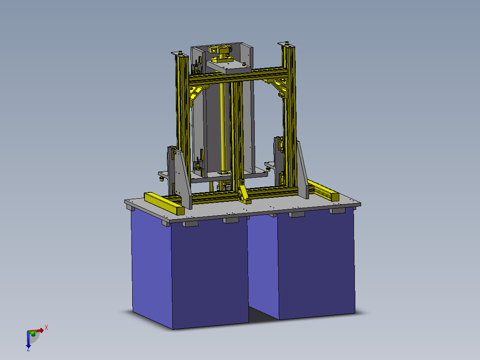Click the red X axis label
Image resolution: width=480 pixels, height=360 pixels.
coord(46,327)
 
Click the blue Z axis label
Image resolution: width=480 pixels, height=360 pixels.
coord(28,349)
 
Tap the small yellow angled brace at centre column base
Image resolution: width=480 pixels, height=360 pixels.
coord(243,192)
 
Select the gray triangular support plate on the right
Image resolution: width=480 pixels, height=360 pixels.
coord(302,172)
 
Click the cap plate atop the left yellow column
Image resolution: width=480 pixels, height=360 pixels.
coord(179,54)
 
